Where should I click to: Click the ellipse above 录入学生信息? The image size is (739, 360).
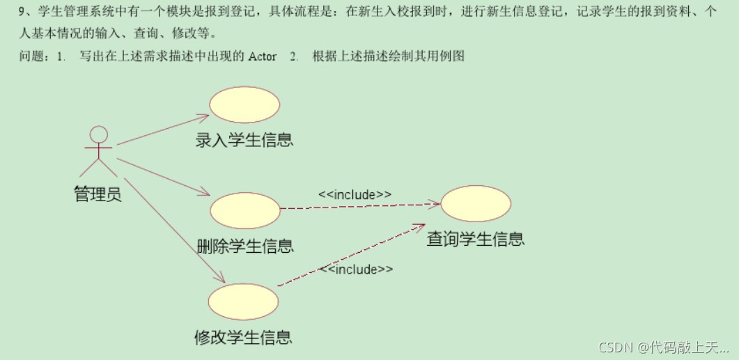(x=244, y=104)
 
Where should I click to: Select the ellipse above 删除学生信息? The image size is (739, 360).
(x=244, y=210)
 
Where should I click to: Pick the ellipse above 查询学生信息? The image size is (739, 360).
(x=476, y=203)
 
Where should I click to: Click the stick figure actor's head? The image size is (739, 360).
(x=100, y=134)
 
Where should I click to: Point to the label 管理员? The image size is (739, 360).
(x=98, y=194)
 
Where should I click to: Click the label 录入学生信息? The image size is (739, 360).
(x=244, y=139)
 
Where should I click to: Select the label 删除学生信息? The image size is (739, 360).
(x=245, y=245)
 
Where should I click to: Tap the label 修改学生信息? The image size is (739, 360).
(x=243, y=338)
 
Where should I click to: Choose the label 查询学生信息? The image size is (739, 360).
(x=476, y=239)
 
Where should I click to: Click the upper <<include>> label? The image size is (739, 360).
(x=355, y=194)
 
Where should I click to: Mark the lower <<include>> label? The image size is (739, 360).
(x=356, y=269)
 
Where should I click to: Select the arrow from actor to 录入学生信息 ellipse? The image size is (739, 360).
(x=163, y=130)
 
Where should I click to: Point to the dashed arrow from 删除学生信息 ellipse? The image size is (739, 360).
(x=359, y=206)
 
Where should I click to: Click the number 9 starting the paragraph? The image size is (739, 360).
(x=22, y=11)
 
